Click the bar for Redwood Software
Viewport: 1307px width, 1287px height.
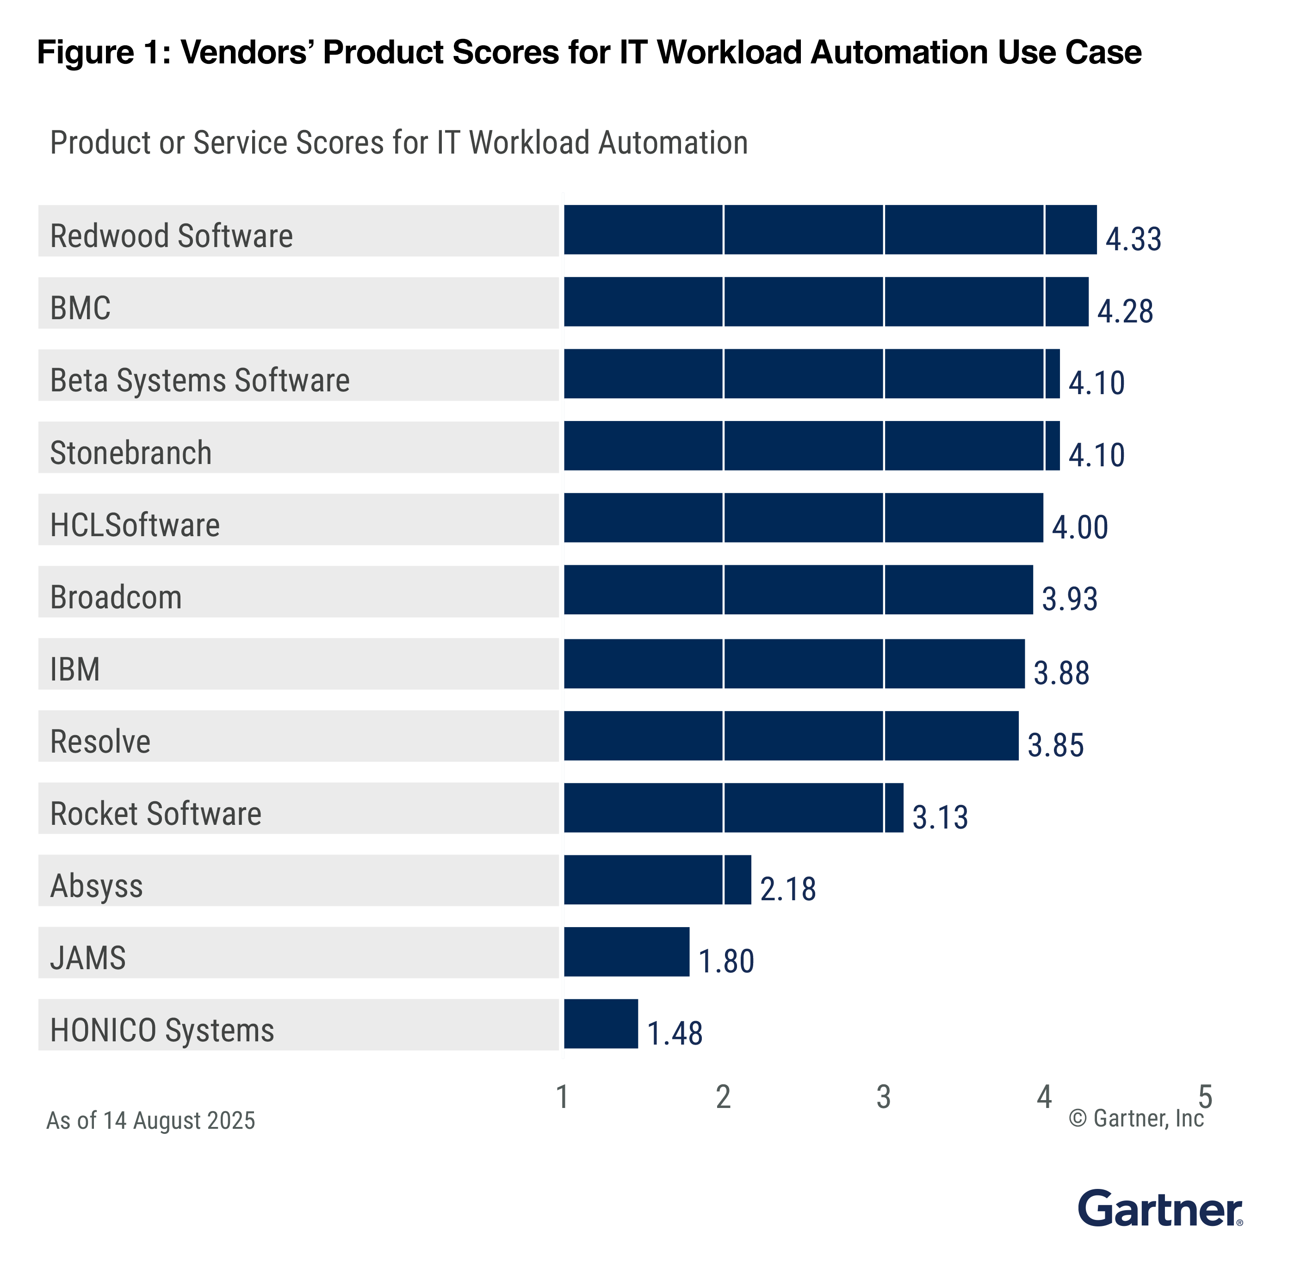click(829, 230)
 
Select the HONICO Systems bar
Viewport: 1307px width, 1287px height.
click(601, 1023)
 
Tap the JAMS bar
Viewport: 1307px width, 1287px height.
click(626, 951)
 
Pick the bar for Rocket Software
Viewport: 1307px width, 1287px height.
click(733, 807)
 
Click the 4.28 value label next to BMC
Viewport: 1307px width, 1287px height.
click(1124, 311)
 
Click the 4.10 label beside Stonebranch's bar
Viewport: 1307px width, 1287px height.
click(1096, 455)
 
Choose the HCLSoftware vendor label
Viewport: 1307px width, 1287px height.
click(135, 525)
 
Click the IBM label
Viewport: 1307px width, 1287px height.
click(74, 669)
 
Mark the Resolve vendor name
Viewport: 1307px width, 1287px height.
click(100, 742)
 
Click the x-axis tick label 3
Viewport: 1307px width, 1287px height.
click(883, 1097)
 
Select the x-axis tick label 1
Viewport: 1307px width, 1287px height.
click(562, 1097)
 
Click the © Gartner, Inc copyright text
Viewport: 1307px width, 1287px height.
click(1135, 1119)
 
